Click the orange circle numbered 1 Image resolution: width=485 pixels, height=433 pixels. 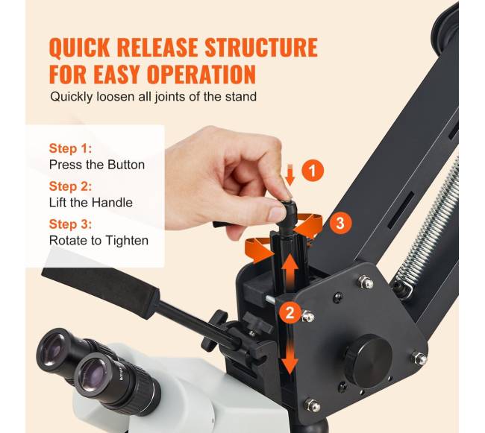(x=313, y=171)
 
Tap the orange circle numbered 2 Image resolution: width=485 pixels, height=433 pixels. (x=290, y=313)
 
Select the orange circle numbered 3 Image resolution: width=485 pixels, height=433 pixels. (x=340, y=223)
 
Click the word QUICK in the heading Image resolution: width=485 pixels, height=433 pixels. (x=80, y=48)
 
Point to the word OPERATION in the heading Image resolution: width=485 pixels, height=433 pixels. (x=201, y=74)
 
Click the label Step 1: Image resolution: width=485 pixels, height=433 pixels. (x=71, y=148)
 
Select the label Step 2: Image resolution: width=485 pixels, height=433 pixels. (x=71, y=186)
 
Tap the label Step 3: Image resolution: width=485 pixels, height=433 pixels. (x=71, y=224)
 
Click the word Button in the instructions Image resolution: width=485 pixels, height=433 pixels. (x=126, y=165)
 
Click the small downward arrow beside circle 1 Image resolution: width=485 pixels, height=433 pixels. (x=290, y=175)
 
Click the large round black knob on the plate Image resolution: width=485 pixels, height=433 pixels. (x=369, y=361)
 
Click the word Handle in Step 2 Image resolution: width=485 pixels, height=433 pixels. (x=112, y=203)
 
